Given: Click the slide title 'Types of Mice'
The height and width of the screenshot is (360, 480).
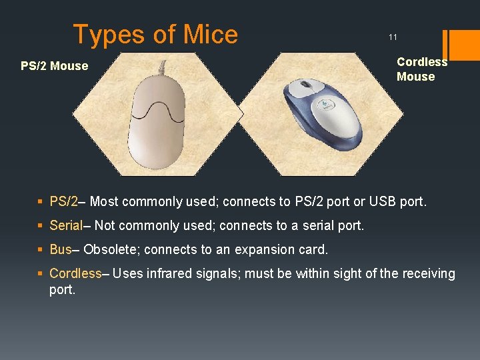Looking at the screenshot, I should [x=155, y=34].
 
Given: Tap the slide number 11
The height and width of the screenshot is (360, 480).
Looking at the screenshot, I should [x=393, y=37].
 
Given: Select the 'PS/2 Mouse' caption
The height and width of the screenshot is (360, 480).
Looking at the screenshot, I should [x=54, y=66].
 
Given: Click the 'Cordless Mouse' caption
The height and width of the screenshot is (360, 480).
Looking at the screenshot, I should [x=421, y=69].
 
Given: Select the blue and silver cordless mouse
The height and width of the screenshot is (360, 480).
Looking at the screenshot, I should [x=321, y=111].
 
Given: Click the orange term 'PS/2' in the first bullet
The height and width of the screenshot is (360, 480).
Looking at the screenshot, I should [x=63, y=201].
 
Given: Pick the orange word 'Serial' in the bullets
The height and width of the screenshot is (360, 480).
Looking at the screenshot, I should [x=65, y=225].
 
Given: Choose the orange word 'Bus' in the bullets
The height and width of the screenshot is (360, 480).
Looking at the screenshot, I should [x=60, y=249].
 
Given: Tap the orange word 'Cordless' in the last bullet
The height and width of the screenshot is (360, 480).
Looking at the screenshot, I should [x=75, y=273].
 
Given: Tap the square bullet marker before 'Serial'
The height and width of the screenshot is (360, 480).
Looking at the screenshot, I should [x=41, y=226].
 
